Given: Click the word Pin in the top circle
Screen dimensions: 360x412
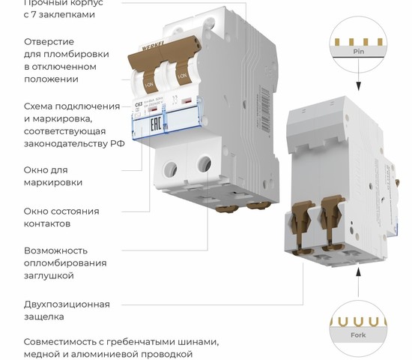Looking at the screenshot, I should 358,52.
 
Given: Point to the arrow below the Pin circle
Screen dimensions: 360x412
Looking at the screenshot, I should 358,88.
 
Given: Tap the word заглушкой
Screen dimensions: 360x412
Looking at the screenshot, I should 49,276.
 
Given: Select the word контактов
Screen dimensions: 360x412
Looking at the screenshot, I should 47,223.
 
